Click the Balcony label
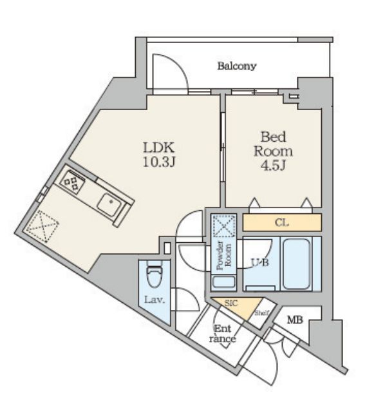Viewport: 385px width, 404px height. tap(237, 66)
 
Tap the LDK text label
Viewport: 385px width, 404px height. tap(159, 148)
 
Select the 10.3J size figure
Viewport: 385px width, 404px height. tap(159, 162)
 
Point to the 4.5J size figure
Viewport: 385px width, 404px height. tap(273, 166)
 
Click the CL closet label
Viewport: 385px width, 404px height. tap(282, 222)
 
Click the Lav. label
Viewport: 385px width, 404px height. tap(154, 300)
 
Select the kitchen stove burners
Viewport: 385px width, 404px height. tap(72, 180)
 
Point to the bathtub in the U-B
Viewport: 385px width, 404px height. tap(296, 264)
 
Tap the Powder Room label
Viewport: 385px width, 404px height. tap(224, 255)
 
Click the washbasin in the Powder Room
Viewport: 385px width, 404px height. tap(224, 282)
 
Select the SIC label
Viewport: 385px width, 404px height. tap(231, 303)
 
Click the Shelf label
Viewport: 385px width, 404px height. tap(261, 313)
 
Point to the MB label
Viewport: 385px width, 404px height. tap(295, 320)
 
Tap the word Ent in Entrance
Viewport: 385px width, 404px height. tap(223, 329)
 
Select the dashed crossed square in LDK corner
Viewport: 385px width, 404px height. tap(42, 226)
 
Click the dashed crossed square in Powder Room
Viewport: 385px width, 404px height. tap(224, 225)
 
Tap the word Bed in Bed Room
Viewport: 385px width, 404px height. tap(273, 137)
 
